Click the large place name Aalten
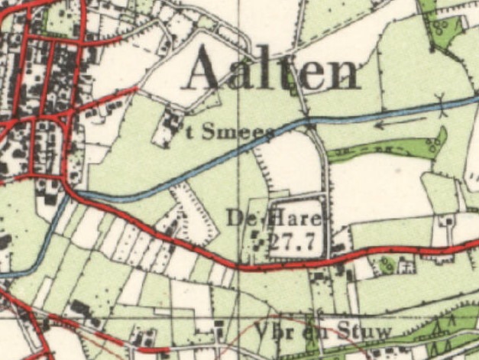click(x=271, y=70)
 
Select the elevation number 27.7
click(x=293, y=242)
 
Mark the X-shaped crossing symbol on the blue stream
click(x=441, y=102)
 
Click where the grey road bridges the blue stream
click(x=309, y=122)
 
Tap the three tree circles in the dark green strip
click(x=438, y=141)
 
